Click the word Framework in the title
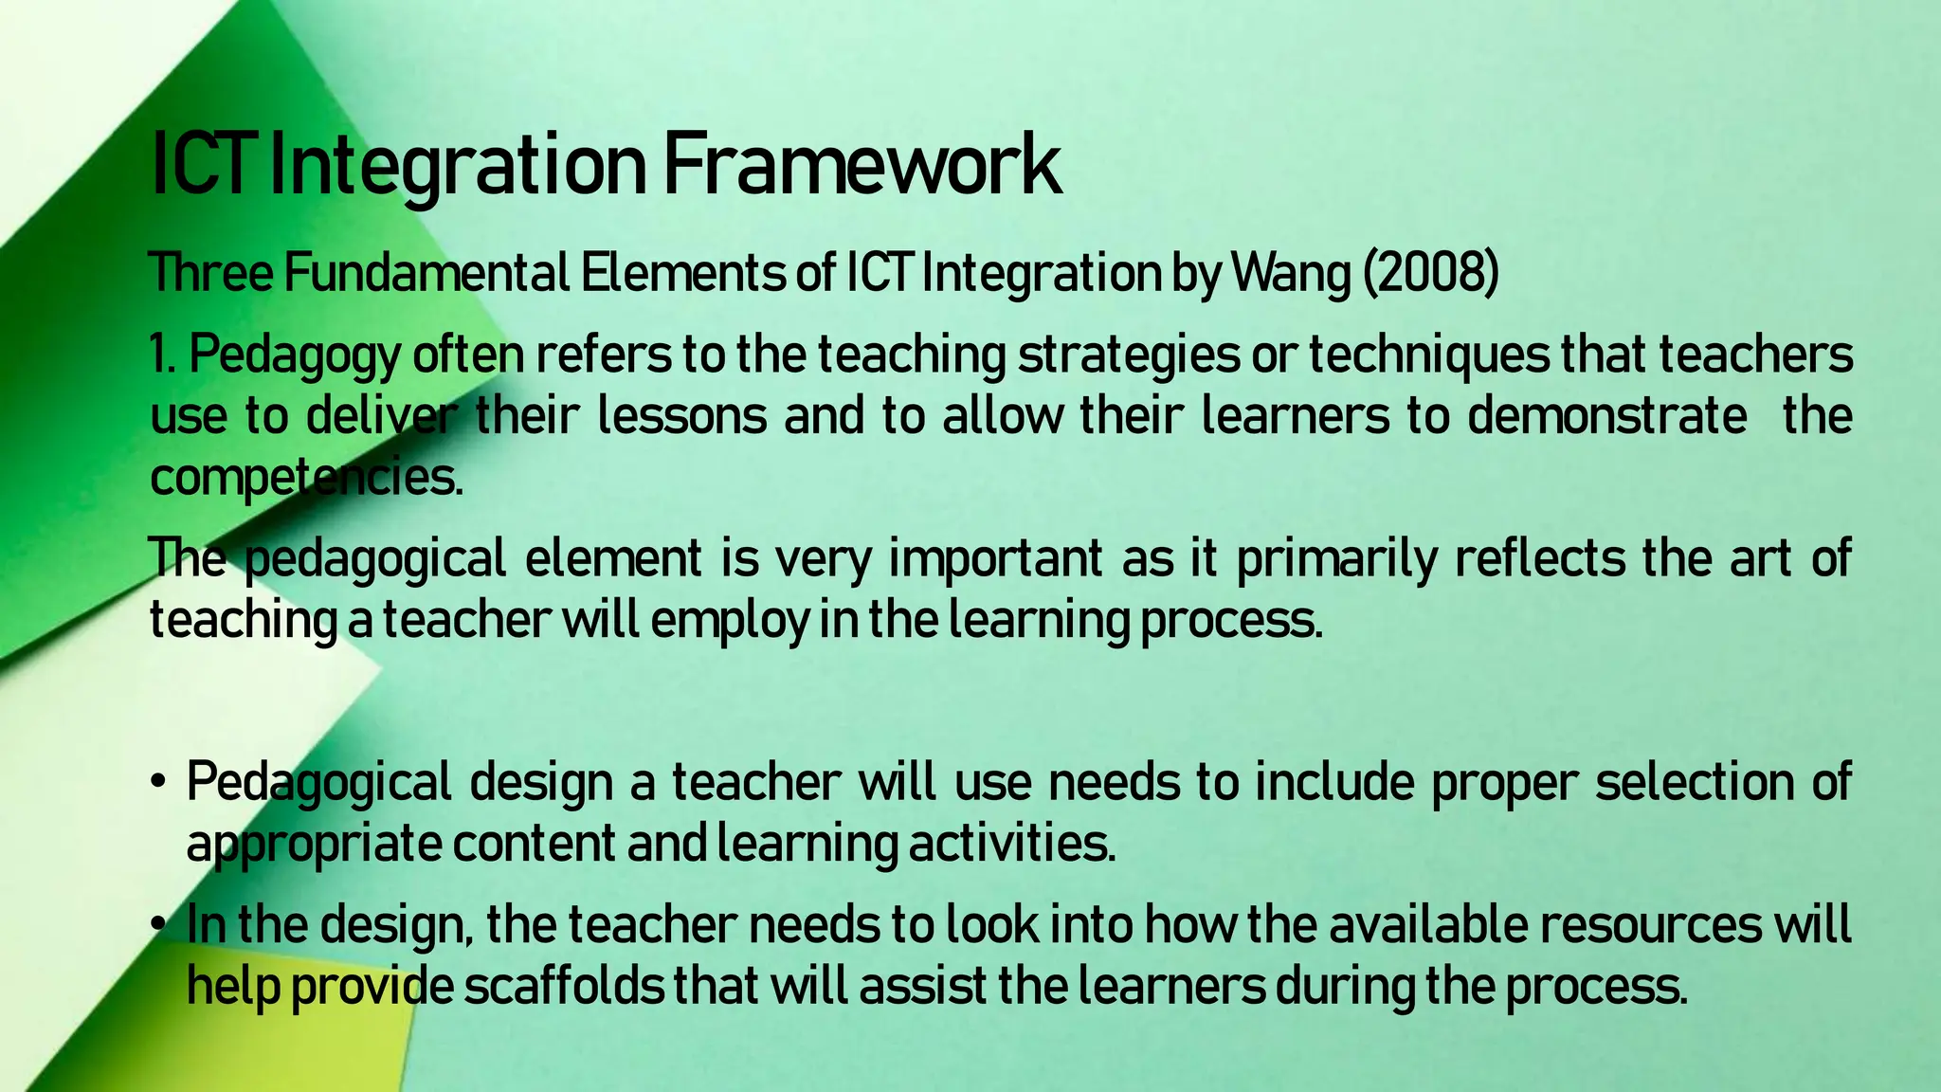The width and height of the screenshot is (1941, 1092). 861,167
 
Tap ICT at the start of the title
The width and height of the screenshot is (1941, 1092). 204,167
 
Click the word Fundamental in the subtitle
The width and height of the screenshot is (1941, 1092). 426,275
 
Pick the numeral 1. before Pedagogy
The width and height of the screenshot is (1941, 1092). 163,355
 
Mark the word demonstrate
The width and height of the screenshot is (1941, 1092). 1607,417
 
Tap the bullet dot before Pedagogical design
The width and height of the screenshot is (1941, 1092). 158,783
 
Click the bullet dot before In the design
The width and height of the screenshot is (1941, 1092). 158,925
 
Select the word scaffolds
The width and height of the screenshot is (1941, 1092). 564,987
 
